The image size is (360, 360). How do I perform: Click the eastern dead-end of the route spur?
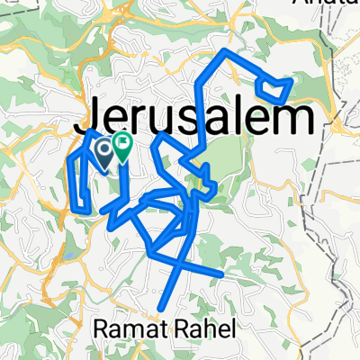click(222, 271)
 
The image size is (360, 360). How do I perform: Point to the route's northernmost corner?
click(225, 50)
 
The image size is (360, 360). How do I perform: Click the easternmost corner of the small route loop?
click(292, 80)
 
